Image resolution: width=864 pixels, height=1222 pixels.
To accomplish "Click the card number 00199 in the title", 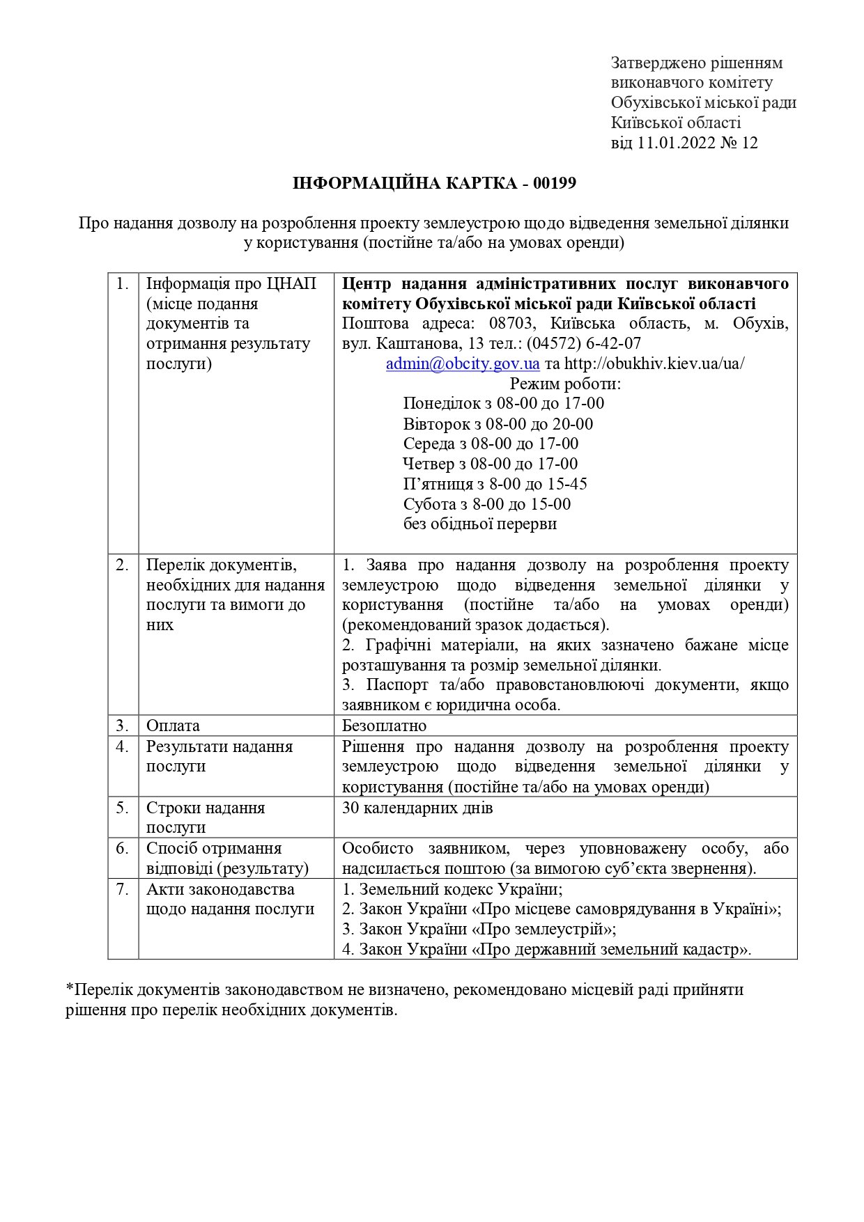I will click(555, 184).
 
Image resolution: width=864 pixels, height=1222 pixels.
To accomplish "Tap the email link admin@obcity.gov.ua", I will click(463, 363).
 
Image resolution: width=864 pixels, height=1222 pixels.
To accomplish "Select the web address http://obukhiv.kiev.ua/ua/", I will click(654, 363).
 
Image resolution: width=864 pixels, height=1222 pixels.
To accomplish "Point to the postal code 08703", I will click(511, 324).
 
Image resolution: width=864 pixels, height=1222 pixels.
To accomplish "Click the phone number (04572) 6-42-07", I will click(583, 344).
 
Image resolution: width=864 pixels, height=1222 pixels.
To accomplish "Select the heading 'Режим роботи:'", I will click(565, 384).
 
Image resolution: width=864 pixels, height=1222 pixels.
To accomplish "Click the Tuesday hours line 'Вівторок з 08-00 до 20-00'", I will click(497, 424).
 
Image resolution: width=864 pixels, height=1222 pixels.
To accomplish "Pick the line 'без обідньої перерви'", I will click(479, 524).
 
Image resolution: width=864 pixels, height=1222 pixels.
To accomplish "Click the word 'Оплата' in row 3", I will click(173, 726).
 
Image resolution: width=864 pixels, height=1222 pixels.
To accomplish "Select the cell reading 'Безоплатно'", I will click(384, 726).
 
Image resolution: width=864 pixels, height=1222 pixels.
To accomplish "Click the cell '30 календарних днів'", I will click(417, 808).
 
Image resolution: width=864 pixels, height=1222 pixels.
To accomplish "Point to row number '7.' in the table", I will click(123, 889).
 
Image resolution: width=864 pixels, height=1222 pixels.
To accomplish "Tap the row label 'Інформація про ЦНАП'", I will click(231, 284).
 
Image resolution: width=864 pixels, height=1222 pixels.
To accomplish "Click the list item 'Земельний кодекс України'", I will click(460, 889).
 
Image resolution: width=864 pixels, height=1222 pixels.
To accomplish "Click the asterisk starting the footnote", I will click(69, 989).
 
